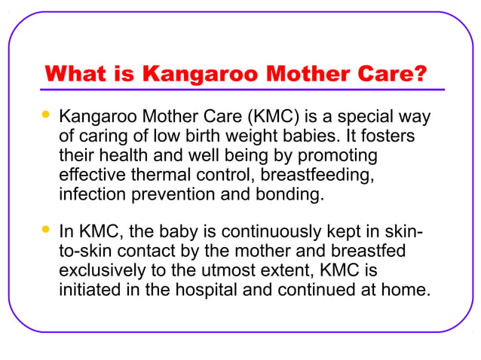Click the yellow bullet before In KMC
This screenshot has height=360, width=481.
point(46,227)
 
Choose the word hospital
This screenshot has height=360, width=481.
point(188,288)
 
